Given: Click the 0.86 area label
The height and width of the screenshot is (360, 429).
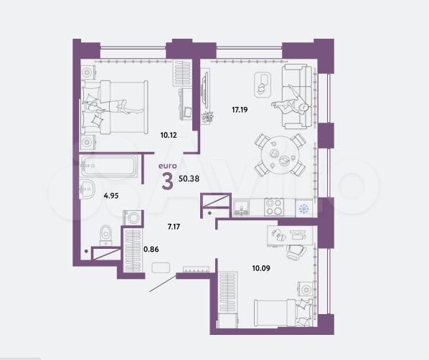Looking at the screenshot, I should (151, 249).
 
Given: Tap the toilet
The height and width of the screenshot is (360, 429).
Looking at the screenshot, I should (105, 233).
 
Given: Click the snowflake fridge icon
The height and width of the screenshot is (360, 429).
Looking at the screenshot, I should (302, 209).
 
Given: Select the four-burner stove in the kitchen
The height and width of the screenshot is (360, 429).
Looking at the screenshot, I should (274, 207).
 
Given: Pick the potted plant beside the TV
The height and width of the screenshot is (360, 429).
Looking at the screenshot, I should (209, 117).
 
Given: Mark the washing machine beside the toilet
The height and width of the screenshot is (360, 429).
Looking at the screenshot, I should (133, 217).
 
